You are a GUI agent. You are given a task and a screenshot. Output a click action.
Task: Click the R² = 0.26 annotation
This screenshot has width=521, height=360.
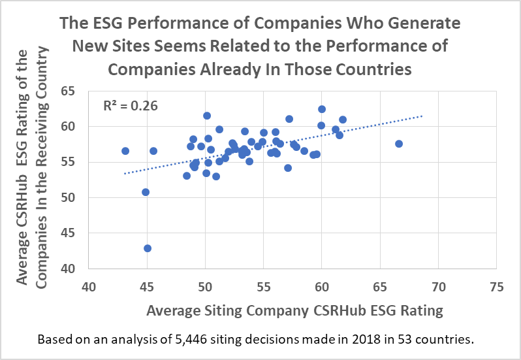tap(131, 104)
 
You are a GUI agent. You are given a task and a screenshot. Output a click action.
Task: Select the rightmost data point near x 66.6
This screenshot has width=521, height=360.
tap(399, 144)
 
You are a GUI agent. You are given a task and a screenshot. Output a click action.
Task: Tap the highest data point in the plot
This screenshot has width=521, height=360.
tap(322, 109)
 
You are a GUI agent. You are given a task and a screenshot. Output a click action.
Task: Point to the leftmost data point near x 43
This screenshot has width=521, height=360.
tap(125, 151)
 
